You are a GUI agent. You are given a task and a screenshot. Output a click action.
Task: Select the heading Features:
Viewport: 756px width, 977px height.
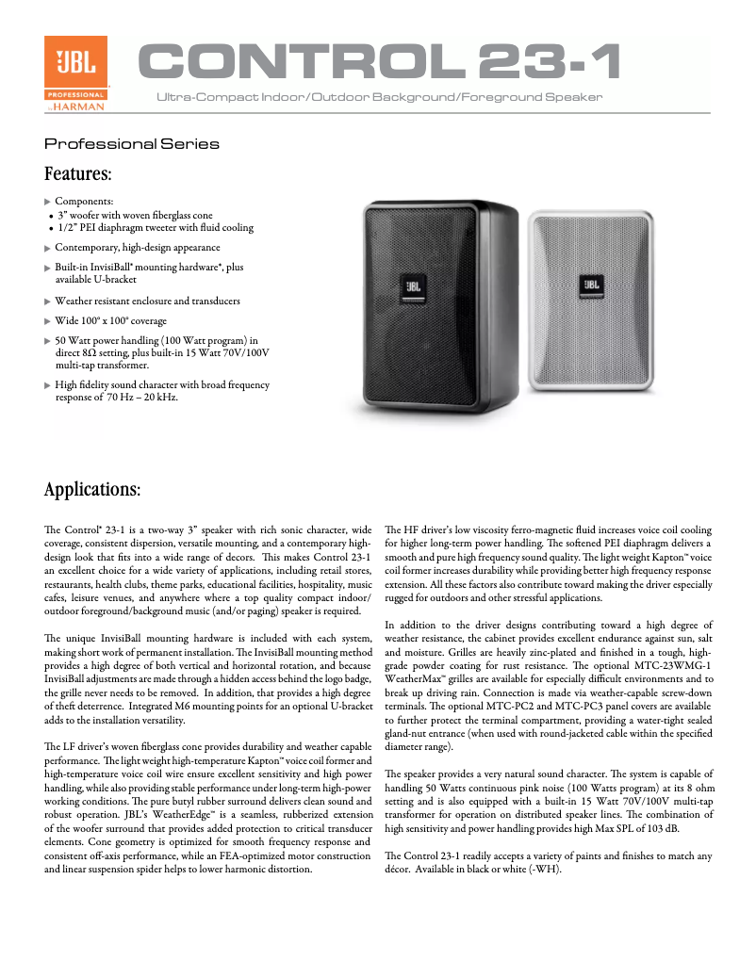pyautogui.click(x=78, y=174)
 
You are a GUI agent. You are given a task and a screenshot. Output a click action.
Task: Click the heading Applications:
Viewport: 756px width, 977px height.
pyautogui.click(x=92, y=491)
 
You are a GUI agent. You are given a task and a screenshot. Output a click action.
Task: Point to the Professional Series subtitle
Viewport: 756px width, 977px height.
pyautogui.click(x=132, y=144)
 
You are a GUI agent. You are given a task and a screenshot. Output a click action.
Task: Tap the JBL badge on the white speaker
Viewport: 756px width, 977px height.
pyautogui.click(x=591, y=283)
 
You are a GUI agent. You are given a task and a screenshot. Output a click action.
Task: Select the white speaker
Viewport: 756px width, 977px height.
pyautogui.click(x=590, y=301)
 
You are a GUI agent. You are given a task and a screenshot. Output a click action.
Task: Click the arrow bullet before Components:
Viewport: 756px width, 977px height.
pyautogui.click(x=49, y=202)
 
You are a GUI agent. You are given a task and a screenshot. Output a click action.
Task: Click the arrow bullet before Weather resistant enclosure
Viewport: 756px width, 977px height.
pyautogui.click(x=49, y=301)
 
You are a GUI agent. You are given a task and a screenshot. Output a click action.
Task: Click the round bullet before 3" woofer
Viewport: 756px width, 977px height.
pyautogui.click(x=50, y=216)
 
